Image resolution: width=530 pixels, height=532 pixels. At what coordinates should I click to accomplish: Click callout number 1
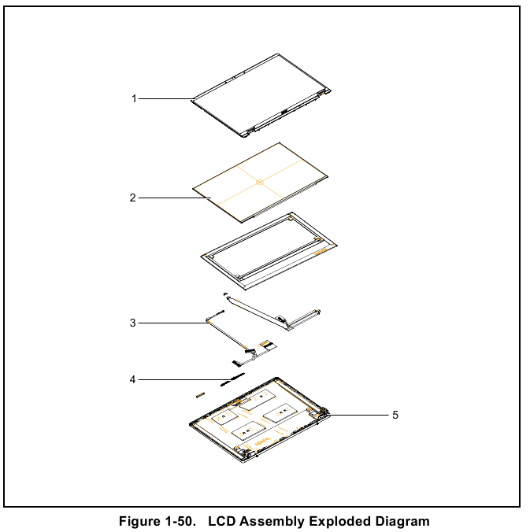pyautogui.click(x=134, y=98)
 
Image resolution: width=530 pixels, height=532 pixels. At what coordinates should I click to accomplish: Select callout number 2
pyautogui.click(x=133, y=198)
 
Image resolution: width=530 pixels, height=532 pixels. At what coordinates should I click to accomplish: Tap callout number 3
pyautogui.click(x=133, y=323)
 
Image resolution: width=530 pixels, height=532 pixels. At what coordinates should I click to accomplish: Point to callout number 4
pyautogui.click(x=133, y=380)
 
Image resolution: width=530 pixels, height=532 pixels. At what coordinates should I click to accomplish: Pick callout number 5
pyautogui.click(x=395, y=415)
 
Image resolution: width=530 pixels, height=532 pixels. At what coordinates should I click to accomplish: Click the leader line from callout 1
pyautogui.click(x=165, y=98)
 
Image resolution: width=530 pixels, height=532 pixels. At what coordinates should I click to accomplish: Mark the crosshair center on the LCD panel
pyautogui.click(x=259, y=183)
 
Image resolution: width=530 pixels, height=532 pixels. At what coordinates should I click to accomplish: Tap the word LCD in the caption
pyautogui.click(x=222, y=521)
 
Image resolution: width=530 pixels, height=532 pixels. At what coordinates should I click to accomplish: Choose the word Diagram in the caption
pyautogui.click(x=402, y=521)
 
